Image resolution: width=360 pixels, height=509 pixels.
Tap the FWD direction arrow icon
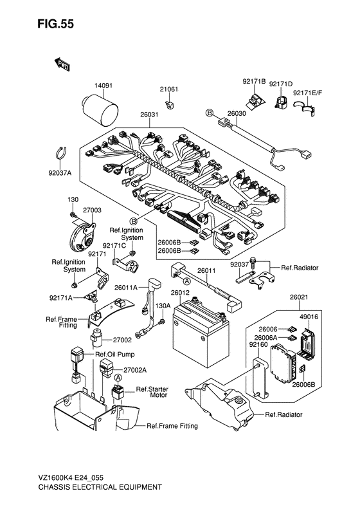(62, 64)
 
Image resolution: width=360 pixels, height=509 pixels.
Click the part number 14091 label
(104, 85)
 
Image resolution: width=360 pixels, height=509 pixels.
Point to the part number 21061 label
(168, 89)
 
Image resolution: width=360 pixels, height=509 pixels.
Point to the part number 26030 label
(237, 113)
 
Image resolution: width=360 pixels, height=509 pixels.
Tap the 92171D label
(280, 84)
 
